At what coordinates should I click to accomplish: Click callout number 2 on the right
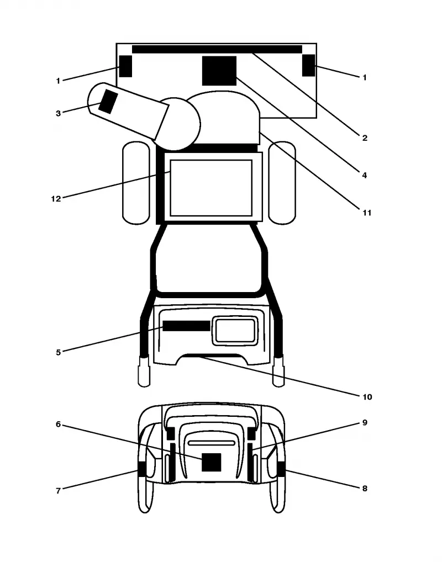tap(365, 138)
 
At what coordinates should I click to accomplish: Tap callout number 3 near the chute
tap(58, 113)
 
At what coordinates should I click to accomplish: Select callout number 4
tap(364, 175)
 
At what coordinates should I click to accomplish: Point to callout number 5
tap(58, 352)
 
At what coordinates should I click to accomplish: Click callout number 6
tap(58, 425)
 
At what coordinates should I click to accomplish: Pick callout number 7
tap(58, 491)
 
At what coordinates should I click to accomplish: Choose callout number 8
tap(365, 489)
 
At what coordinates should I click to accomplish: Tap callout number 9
tap(365, 422)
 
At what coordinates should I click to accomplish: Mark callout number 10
tap(367, 397)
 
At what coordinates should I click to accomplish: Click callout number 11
tap(367, 213)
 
